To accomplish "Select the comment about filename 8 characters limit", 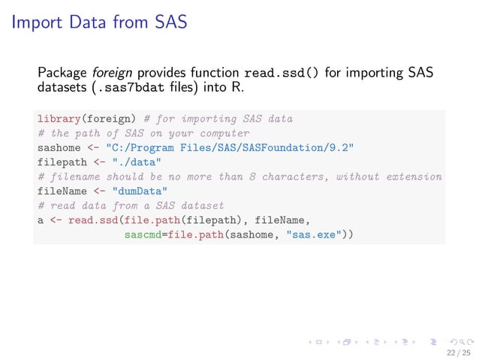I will [239, 177].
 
